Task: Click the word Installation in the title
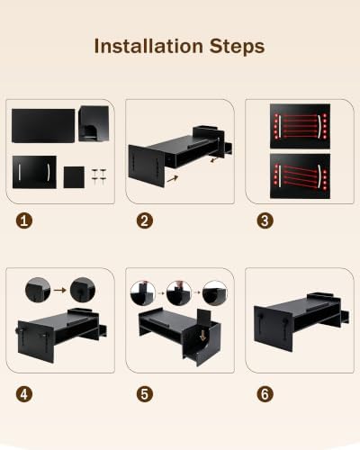(148, 46)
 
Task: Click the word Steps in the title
(237, 47)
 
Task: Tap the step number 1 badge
(24, 220)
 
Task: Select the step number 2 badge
(145, 220)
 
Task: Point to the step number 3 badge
(265, 220)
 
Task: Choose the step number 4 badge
(24, 394)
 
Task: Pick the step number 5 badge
(145, 394)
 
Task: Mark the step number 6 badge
(265, 394)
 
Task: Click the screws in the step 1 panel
(99, 176)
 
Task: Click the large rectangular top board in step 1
(43, 126)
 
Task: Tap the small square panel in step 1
(74, 177)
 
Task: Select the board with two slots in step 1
(34, 172)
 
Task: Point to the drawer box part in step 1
(94, 123)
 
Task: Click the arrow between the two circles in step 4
(60, 290)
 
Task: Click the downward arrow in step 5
(203, 335)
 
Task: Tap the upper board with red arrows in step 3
(300, 126)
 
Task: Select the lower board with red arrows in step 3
(300, 176)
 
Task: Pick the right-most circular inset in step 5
(215, 293)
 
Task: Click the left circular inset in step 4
(38, 290)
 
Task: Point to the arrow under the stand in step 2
(172, 179)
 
